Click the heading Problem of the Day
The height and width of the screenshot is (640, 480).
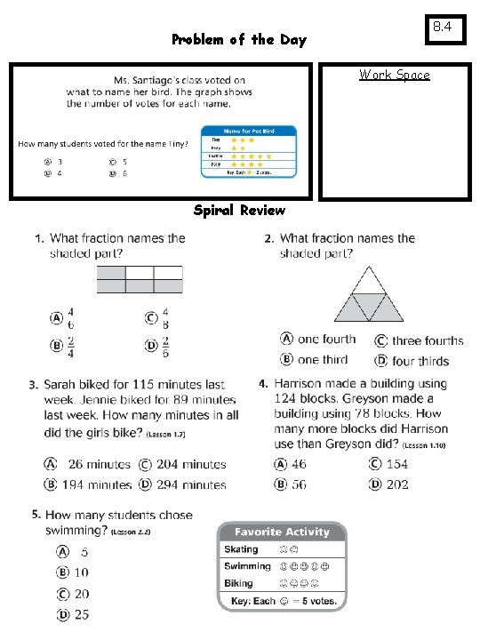click(x=238, y=40)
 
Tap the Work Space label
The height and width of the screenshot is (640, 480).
click(x=394, y=75)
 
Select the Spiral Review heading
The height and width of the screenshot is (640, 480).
click(x=239, y=211)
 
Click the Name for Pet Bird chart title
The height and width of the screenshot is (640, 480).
click(x=249, y=131)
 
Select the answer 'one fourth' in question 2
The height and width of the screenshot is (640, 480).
click(x=326, y=340)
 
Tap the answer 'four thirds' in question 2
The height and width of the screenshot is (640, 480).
click(x=420, y=361)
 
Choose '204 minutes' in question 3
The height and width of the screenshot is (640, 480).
click(x=191, y=465)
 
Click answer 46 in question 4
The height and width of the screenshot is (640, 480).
click(x=300, y=464)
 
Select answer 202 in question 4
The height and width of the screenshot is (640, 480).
click(x=397, y=484)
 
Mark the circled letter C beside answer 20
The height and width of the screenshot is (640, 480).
click(x=63, y=594)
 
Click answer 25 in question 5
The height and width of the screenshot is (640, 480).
click(x=81, y=614)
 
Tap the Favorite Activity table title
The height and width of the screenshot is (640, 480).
click(x=282, y=532)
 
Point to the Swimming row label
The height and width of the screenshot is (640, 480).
click(x=247, y=566)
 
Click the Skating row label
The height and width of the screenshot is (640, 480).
click(x=241, y=549)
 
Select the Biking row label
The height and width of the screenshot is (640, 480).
click(x=238, y=584)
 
